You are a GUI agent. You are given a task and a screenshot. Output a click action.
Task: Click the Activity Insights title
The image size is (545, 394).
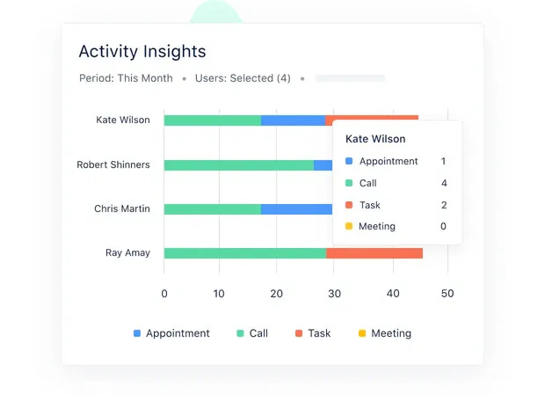[x=142, y=52]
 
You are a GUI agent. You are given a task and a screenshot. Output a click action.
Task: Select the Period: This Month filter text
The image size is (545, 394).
[x=126, y=78]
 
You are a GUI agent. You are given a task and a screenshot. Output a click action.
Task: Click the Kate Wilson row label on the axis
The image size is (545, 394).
[x=123, y=120]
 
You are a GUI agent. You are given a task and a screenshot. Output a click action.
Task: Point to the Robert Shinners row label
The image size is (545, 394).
[x=113, y=165]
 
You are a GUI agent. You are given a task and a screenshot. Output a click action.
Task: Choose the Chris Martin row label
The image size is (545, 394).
[x=122, y=209]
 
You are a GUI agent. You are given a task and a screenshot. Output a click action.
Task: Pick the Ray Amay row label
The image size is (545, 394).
[x=127, y=253]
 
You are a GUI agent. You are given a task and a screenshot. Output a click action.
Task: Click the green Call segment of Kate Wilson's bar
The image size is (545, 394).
[x=212, y=120]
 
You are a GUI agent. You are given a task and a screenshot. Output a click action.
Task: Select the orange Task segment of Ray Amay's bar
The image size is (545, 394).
[x=374, y=253]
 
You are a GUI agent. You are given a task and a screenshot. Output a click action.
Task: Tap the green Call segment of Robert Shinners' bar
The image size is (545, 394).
[x=238, y=165]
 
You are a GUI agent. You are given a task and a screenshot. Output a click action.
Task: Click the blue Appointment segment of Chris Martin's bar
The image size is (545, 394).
[x=296, y=209]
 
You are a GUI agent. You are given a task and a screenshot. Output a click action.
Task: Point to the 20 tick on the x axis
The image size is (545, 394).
[x=276, y=294]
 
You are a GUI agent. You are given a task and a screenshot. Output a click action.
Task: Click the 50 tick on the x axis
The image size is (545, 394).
[x=447, y=294]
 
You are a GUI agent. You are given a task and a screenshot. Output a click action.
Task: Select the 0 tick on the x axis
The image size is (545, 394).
[x=164, y=294]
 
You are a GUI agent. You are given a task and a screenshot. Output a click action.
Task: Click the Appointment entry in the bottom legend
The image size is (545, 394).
[x=178, y=333]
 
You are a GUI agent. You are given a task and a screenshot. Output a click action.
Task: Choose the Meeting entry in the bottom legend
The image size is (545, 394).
[x=390, y=333]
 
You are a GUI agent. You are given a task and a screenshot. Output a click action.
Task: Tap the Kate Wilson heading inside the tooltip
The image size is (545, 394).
[x=375, y=139]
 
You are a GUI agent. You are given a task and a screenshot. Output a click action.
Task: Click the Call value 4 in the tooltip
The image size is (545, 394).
[x=444, y=183]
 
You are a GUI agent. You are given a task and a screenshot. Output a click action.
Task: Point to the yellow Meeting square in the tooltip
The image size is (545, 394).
[x=349, y=227]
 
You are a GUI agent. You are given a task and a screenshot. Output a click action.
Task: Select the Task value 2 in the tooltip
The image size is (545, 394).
[x=444, y=205]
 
